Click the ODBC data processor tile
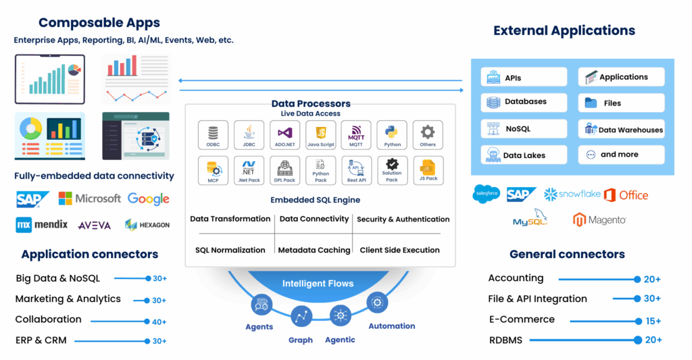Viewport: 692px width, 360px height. [213, 134]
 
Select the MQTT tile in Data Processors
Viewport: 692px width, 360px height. [356, 134]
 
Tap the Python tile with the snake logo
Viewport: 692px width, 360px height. [392, 134]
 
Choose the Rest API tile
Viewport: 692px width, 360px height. [356, 170]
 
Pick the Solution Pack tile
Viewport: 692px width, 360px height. [392, 170]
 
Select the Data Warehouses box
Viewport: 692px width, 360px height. [621, 129]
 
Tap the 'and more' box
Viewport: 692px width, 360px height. [621, 155]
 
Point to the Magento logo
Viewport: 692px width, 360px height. [599, 220]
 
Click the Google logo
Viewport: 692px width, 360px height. [148, 199]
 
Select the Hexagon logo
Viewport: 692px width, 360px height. [147, 224]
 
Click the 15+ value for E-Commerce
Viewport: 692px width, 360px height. [653, 321]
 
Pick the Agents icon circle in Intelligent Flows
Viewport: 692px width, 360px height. [260, 305]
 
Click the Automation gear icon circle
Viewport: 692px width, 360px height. [377, 302]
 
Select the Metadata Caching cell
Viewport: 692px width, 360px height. [314, 250]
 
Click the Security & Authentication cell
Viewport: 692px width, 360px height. [403, 219]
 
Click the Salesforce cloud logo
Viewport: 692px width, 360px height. [486, 194]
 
